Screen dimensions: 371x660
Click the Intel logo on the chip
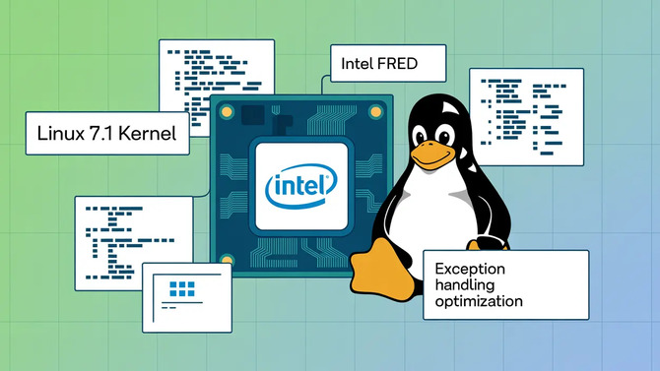tap(300, 185)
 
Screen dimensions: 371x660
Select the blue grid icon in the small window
tap(183, 288)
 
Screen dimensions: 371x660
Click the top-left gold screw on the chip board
tap(227, 111)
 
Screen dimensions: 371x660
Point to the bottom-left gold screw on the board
tap(227, 262)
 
